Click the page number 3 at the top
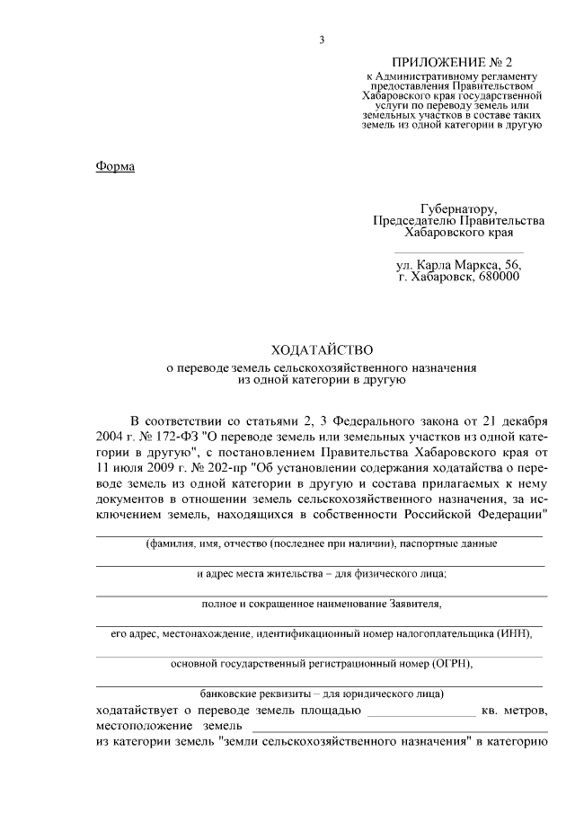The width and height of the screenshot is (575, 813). click(321, 40)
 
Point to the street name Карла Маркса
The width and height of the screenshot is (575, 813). click(460, 265)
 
